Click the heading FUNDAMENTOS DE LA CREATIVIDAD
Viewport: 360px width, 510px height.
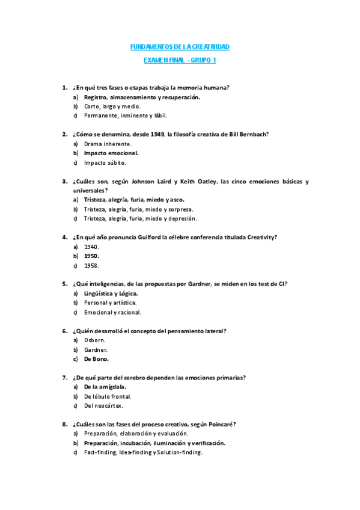180,47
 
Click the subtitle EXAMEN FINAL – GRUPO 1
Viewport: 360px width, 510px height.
180,61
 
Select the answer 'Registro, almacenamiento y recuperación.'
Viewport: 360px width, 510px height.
142,97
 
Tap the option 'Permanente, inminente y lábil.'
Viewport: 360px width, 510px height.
125,115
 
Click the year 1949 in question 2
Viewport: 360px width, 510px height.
157,134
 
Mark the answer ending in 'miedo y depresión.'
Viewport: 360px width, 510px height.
140,219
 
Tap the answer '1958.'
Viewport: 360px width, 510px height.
91,265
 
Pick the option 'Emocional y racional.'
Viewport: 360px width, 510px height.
112,312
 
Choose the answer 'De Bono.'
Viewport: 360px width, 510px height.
96,359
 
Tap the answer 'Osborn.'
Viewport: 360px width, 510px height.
94,340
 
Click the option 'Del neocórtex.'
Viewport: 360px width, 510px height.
103,406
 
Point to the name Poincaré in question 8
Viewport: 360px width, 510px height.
219,425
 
